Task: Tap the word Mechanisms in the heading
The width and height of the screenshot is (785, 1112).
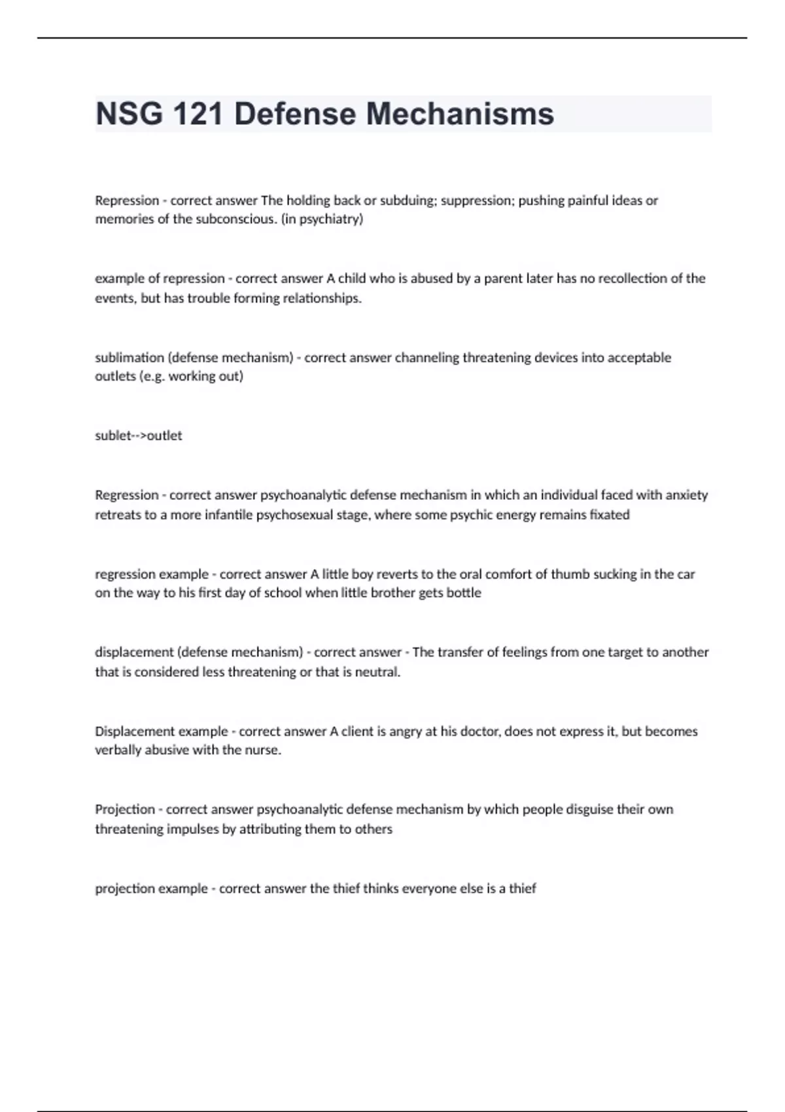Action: click(x=460, y=114)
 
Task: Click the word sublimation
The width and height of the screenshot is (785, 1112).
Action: click(x=129, y=358)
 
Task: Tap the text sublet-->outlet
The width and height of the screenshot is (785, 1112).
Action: click(x=139, y=436)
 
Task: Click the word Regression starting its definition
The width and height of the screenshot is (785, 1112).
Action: click(x=127, y=495)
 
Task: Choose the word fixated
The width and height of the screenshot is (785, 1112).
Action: click(x=610, y=515)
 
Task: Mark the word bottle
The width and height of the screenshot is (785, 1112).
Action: click(x=463, y=593)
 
